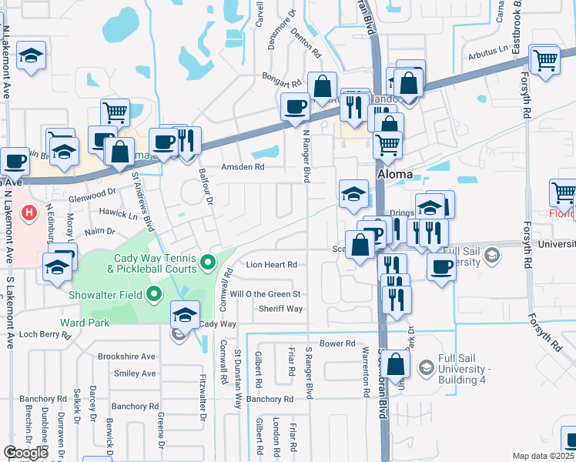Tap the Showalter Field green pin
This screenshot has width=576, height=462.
154,293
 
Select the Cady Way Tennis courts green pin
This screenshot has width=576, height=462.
207,264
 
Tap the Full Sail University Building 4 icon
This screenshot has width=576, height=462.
426,370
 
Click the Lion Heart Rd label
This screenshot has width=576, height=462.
271,264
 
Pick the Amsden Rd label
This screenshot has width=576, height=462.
243,166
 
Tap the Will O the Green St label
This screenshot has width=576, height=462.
264,294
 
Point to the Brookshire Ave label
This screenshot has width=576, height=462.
126,357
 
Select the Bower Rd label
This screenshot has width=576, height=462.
337,343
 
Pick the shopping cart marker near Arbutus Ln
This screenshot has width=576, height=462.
545,59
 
